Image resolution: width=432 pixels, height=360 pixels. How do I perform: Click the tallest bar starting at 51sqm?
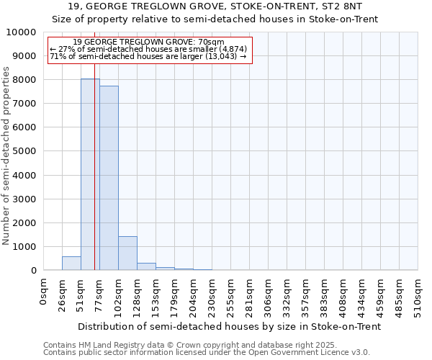(90, 174)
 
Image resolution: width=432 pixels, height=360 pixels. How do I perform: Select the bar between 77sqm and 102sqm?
(109, 178)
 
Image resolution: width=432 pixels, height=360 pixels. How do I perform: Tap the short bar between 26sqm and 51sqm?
(71, 264)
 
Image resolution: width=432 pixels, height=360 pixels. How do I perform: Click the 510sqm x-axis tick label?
(418, 294)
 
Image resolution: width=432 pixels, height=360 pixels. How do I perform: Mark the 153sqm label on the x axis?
(156, 294)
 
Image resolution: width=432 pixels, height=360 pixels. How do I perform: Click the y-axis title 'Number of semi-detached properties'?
(6, 156)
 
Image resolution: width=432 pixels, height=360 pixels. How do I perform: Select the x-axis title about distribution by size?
(229, 326)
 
